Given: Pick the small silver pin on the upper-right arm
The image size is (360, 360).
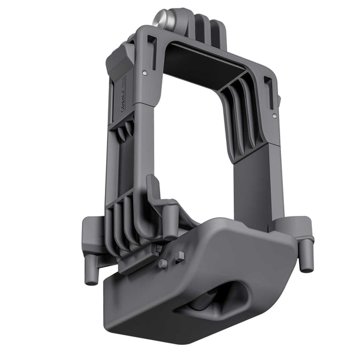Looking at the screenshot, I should pyautogui.click(x=273, y=116).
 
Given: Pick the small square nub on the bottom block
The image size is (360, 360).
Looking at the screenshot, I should pyautogui.click(x=180, y=257).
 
